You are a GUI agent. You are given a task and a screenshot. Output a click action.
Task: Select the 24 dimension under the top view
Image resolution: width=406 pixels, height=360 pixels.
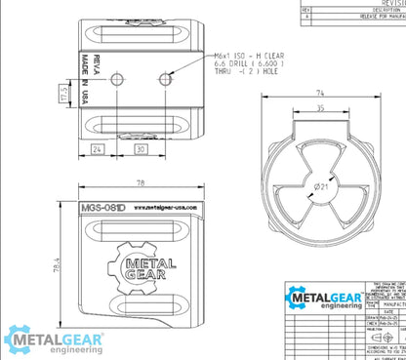[x=99, y=149]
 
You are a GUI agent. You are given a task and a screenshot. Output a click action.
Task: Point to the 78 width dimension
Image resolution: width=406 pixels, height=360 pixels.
[x=142, y=183]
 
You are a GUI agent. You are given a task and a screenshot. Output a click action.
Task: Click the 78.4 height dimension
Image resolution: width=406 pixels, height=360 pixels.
[x=57, y=265]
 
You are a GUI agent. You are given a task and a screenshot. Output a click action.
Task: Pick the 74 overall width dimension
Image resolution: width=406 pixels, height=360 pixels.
[x=319, y=93]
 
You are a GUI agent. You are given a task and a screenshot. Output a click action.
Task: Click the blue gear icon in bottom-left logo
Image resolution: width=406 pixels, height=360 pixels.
[x=21, y=340]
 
